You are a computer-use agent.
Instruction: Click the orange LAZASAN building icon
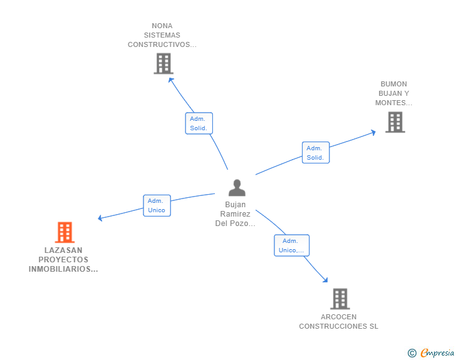[x=65, y=232]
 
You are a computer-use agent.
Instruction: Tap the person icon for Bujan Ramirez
[x=237, y=188]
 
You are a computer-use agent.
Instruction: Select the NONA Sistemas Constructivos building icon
[x=163, y=63]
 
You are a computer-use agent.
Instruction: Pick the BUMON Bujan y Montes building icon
[x=395, y=122]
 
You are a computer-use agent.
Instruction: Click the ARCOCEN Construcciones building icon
[x=340, y=299]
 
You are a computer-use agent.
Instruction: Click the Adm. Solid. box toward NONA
[x=199, y=123]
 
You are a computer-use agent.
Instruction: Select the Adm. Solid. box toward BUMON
[x=316, y=153]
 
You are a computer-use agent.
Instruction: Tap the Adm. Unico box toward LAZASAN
[x=157, y=205]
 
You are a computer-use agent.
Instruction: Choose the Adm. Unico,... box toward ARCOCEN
[x=292, y=245]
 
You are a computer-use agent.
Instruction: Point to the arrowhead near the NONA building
[x=171, y=80]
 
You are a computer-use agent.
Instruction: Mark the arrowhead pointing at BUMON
[x=373, y=133]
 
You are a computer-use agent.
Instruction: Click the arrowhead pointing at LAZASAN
[x=100, y=218]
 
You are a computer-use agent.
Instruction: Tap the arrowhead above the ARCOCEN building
[x=325, y=280]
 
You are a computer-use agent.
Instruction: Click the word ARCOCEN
[x=338, y=317]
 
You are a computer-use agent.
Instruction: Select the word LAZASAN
[x=63, y=250]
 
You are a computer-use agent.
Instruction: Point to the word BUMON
[x=394, y=84]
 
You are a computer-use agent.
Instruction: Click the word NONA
[x=162, y=26]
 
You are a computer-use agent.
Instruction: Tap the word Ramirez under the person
[x=235, y=214]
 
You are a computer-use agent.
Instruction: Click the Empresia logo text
[x=437, y=352]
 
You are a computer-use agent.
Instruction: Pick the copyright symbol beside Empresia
[x=412, y=353]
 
